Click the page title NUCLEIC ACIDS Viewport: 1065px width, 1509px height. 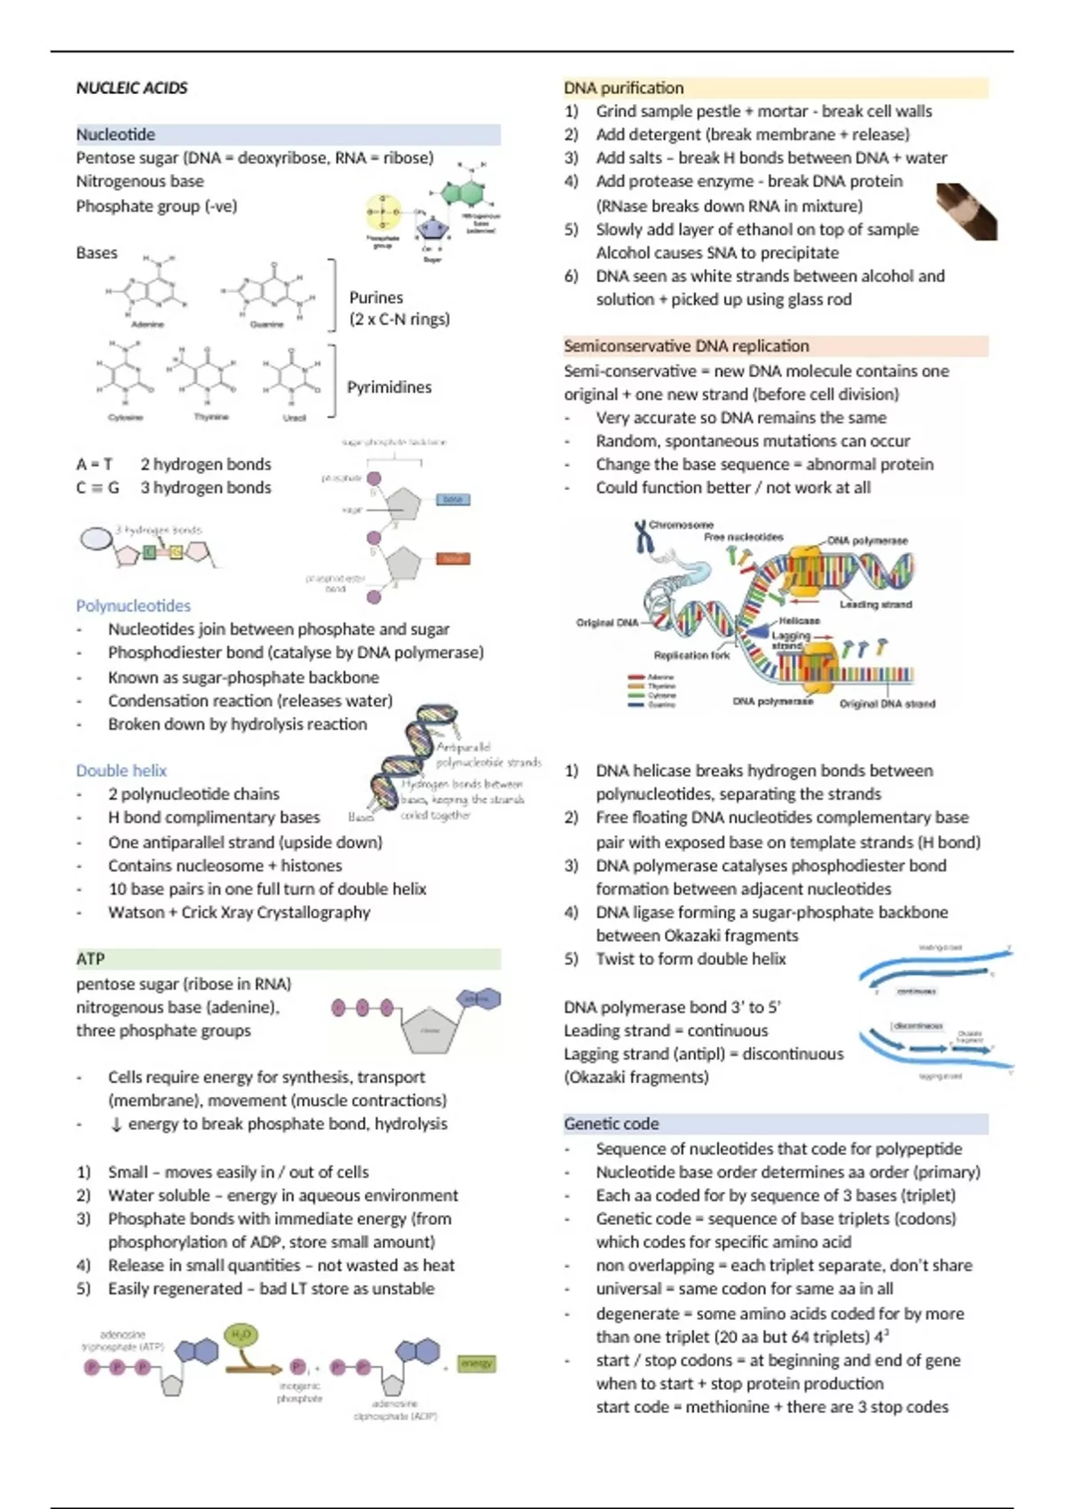tap(131, 88)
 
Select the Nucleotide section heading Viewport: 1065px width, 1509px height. tap(115, 135)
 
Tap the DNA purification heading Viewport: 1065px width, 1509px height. tap(624, 88)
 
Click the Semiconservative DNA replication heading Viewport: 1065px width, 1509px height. tap(686, 346)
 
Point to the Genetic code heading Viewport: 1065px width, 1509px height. tap(611, 1124)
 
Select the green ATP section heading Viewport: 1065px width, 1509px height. tap(91, 959)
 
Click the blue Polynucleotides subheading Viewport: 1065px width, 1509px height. tap(133, 605)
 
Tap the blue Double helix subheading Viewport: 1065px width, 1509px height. tap(122, 770)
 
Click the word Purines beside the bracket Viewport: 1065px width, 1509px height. tap(375, 297)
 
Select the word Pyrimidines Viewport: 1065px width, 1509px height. tap(389, 387)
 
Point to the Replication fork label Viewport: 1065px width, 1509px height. tap(691, 655)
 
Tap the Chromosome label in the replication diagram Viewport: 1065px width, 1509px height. tap(681, 525)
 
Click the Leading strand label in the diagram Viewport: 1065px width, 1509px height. tap(876, 604)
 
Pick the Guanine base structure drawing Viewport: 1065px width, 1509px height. tap(266, 293)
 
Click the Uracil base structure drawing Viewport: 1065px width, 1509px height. tap(293, 377)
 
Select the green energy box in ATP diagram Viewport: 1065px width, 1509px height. tap(477, 1363)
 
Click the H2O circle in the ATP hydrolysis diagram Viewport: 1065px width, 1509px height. tap(241, 1335)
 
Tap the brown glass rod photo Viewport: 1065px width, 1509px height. tap(966, 211)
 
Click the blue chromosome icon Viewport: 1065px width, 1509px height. tap(641, 536)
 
